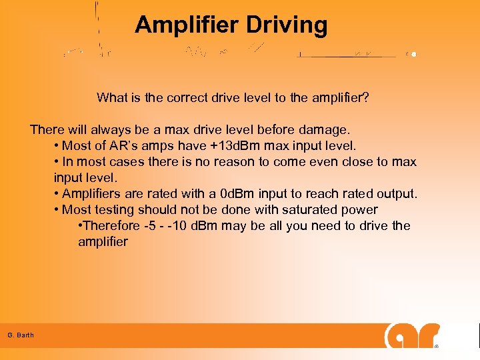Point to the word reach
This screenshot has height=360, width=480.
[323, 193]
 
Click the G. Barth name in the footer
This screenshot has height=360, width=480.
[21, 335]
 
